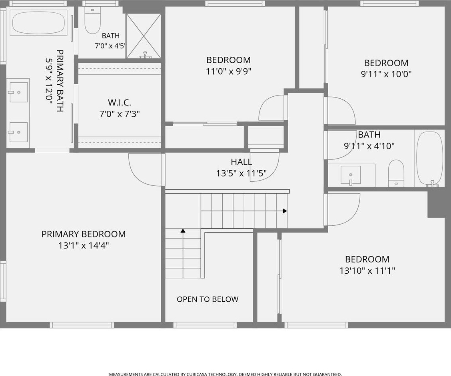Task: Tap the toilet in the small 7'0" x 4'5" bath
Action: point(93,20)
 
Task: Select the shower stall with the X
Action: point(143,36)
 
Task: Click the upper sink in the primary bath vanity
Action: point(19,92)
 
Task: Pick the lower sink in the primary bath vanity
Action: point(19,132)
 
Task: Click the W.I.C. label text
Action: point(120,102)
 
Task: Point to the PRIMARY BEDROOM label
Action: point(84,234)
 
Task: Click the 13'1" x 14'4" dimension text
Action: point(84,245)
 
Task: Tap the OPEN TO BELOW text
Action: point(208,299)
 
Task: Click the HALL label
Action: point(241,162)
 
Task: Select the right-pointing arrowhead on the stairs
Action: point(285,211)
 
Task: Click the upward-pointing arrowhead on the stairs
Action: point(183,231)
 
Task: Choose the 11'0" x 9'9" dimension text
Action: point(229,71)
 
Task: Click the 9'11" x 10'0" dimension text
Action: point(386,74)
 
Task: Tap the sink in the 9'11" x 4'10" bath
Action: point(351,175)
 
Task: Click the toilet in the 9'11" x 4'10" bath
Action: point(396,173)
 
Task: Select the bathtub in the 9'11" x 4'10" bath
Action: point(430,159)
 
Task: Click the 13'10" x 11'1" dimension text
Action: point(367,271)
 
